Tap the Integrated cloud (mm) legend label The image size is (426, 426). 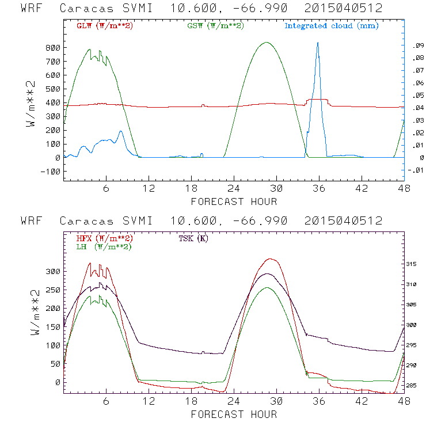click(x=332, y=26)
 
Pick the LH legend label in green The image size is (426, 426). click(x=104, y=246)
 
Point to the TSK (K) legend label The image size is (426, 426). click(x=193, y=238)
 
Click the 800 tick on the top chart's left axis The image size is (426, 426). click(x=53, y=47)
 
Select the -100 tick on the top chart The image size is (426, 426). click(x=51, y=172)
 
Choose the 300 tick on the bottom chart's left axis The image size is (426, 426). click(x=53, y=271)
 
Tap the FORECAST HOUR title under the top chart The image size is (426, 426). click(x=234, y=201)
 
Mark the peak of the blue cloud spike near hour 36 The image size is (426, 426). click(x=317, y=43)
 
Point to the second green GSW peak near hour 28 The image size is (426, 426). click(x=265, y=42)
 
